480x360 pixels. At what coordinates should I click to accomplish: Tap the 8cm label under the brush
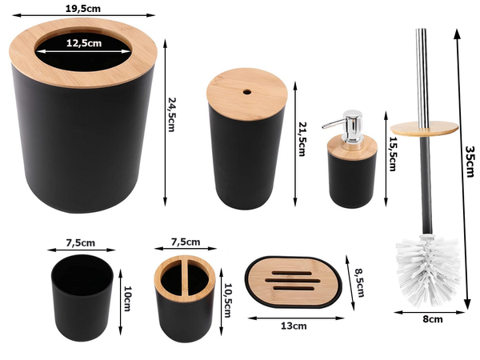[x=432, y=319]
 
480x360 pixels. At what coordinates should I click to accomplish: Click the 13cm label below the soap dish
[x=294, y=326]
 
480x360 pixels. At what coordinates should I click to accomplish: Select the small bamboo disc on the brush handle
[x=425, y=128]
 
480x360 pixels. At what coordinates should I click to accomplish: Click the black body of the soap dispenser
[x=353, y=175]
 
